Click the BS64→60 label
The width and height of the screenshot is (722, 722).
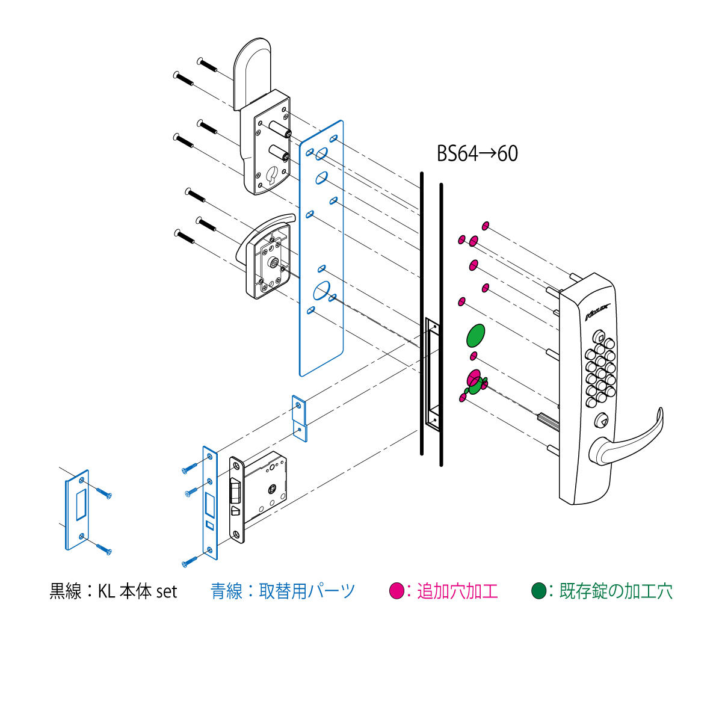pos(477,153)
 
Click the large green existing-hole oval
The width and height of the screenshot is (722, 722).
pos(475,335)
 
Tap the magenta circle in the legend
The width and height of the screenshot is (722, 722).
pos(396,591)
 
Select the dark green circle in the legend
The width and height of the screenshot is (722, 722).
pos(538,591)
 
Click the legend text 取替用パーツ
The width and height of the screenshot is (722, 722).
pos(307,591)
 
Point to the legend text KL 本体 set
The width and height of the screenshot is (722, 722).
pos(138,591)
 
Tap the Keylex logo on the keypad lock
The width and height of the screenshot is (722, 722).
pos(597,312)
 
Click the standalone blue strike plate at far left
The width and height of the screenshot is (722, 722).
pos(77,510)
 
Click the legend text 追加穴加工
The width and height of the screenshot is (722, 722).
pos(457,591)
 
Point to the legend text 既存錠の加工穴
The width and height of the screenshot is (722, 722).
pos(616,591)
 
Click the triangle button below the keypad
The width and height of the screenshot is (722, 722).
pos(601,420)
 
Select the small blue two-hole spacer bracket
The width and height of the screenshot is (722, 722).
pos(300,419)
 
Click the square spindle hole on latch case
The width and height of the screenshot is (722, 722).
pos(272,489)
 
